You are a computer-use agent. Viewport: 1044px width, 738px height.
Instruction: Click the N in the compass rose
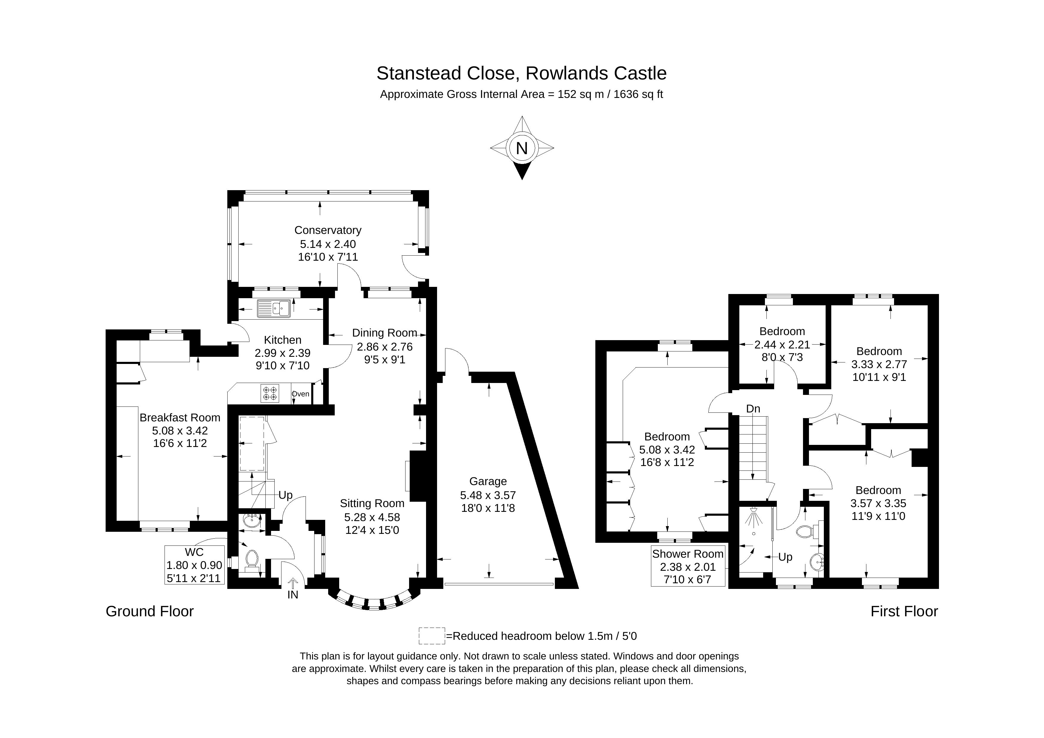pos(522,148)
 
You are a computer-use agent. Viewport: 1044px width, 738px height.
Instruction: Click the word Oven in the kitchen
pos(300,394)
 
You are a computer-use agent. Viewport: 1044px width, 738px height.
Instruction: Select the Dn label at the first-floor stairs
pos(753,409)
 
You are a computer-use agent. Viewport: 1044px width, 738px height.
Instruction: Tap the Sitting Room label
pos(372,504)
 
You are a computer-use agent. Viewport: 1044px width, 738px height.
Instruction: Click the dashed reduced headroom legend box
pos(431,636)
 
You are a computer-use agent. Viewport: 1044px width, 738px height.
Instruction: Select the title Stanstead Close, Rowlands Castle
pos(522,73)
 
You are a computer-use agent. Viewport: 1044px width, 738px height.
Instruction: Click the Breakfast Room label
pos(180,418)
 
